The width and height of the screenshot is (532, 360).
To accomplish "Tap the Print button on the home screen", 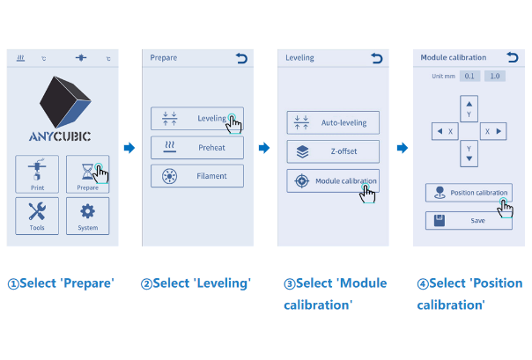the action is [37, 174].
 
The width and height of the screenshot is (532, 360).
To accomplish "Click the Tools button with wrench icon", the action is [37, 216].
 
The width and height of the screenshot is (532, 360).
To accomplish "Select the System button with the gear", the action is [87, 216].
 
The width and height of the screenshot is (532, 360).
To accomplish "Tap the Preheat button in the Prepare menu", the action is [197, 148].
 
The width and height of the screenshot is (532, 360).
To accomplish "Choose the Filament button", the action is [197, 176].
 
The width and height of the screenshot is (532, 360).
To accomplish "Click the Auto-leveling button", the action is [333, 122].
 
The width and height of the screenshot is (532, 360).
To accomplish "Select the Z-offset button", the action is [333, 151].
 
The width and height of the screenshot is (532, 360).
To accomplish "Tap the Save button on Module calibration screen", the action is [469, 221].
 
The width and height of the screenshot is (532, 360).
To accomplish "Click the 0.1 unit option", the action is [469, 76].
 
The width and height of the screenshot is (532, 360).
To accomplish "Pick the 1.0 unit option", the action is [495, 76].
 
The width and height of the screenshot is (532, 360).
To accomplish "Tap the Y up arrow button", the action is [469, 109].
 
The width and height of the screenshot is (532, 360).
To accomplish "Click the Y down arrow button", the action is [469, 153].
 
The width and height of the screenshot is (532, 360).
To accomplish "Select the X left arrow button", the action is [445, 131].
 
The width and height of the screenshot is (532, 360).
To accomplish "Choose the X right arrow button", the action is [493, 131].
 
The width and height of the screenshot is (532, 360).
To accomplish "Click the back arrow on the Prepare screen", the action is [241, 58].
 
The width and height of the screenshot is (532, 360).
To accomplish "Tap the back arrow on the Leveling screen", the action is [377, 58].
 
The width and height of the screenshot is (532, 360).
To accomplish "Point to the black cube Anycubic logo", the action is [65, 102].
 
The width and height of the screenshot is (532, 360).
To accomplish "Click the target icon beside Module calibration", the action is [301, 180].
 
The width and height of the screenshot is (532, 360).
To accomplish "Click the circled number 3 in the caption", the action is [290, 283].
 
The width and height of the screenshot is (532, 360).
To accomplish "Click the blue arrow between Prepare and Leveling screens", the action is [129, 148].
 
